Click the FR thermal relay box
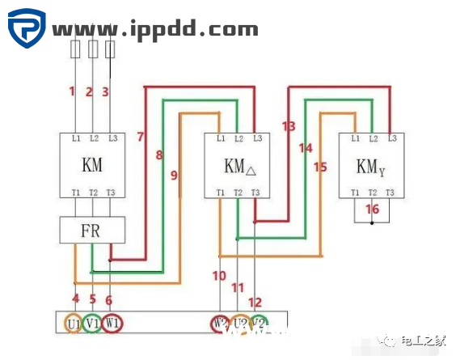pyautogui.click(x=92, y=230)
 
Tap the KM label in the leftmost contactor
pyautogui.click(x=92, y=167)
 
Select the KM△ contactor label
pyautogui.click(x=239, y=167)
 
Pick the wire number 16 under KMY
pyautogui.click(x=371, y=209)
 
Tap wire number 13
pyautogui.click(x=289, y=126)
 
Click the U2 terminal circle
pyautogui.click(x=240, y=324)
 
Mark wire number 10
pyautogui.click(x=219, y=276)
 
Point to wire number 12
pyautogui.click(x=255, y=302)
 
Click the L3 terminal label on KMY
pyautogui.click(x=392, y=138)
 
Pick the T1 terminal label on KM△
pyautogui.click(x=221, y=192)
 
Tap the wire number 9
pyautogui.click(x=174, y=175)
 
